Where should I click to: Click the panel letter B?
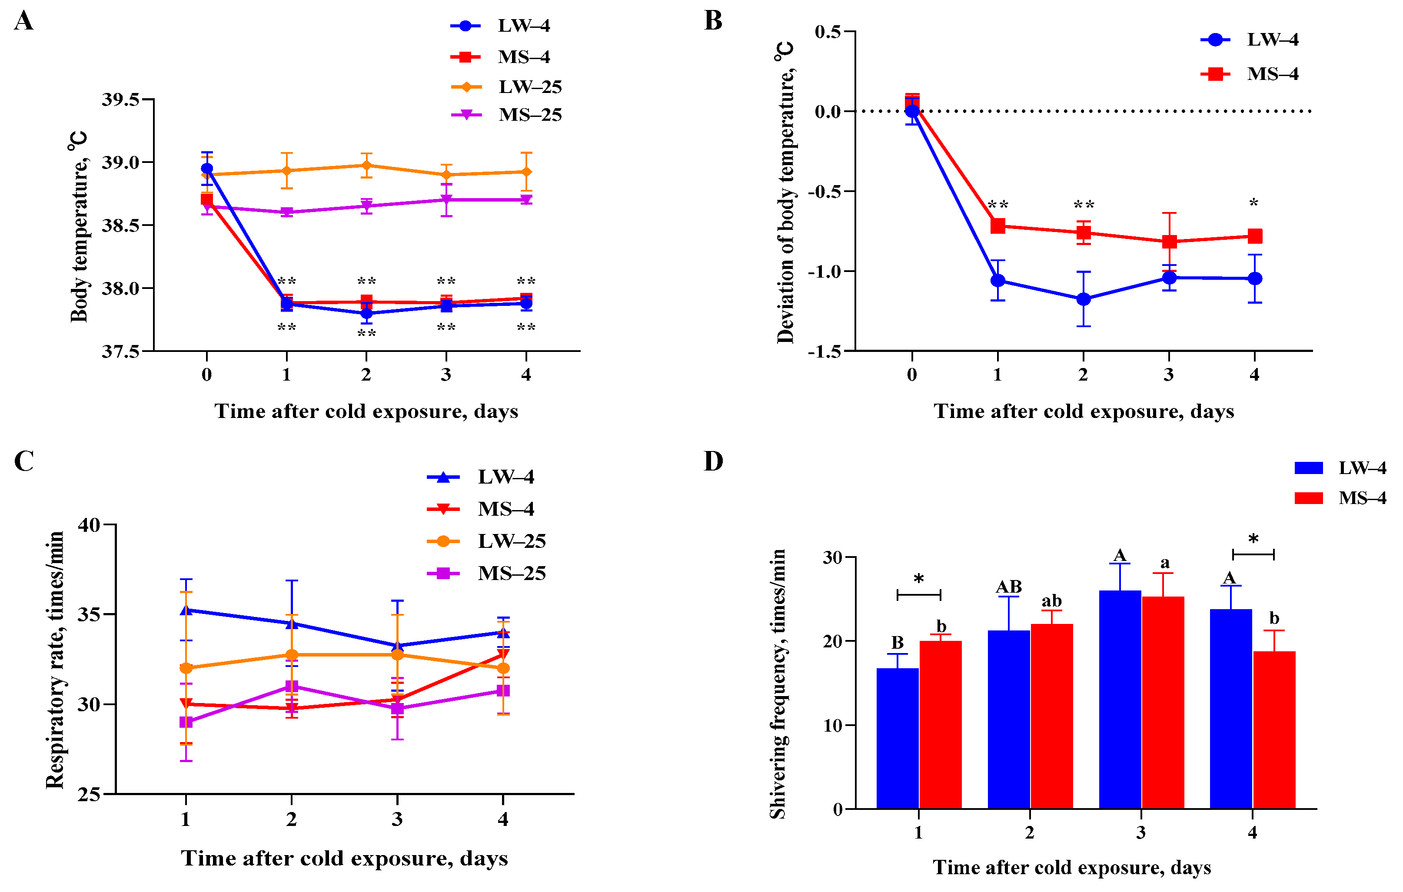tap(713, 21)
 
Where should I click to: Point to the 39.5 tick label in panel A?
tap(120, 99)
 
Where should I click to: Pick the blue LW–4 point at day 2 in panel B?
tap(1083, 299)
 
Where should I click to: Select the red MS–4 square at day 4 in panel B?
tap(1254, 236)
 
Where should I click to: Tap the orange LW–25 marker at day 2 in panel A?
tap(366, 166)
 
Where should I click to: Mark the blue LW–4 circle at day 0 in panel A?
tap(207, 169)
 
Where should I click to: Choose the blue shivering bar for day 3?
tap(1120, 699)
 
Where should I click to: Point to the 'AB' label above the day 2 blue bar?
tap(1008, 587)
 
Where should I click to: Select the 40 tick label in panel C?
tap(89, 525)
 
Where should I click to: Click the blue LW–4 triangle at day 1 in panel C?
tap(186, 610)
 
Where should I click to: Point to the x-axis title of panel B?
tap(1084, 411)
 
